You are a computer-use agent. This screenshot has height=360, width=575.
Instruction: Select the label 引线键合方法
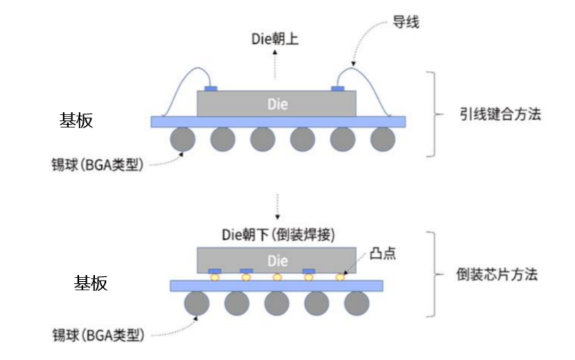pos(500,114)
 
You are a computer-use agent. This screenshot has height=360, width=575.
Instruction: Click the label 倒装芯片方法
pos(497,275)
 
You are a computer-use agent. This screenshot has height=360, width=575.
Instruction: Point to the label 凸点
pos(383,254)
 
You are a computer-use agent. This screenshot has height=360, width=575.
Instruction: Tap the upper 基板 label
pos(76,121)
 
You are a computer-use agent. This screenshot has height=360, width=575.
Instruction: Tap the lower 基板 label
pos(90,283)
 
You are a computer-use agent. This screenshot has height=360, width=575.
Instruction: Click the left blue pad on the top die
pos(211,88)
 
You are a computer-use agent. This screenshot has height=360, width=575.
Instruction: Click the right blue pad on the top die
pos(338,88)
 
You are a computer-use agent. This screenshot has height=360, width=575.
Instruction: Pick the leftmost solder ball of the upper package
pos(183,140)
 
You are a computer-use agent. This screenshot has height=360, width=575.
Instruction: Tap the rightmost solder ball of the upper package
pos(383,140)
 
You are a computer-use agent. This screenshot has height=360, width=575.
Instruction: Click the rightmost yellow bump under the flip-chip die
pos(339,277)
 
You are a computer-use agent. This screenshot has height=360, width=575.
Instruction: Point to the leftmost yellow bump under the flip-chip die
pos(215,277)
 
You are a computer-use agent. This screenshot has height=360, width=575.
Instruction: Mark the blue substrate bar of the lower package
pos(276,286)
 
